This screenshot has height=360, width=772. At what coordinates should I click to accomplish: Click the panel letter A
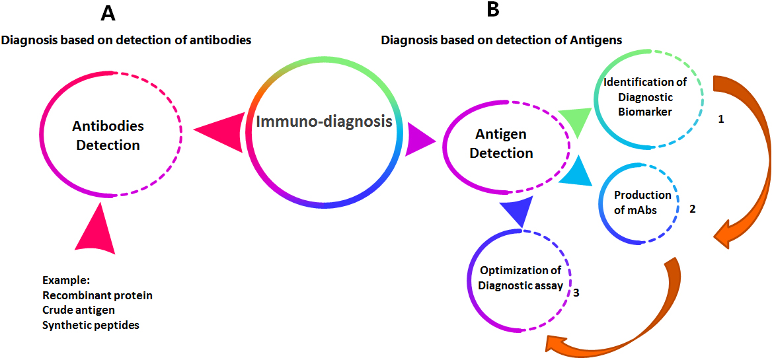pyautogui.click(x=108, y=13)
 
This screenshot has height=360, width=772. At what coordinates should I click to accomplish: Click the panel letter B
pyautogui.click(x=493, y=11)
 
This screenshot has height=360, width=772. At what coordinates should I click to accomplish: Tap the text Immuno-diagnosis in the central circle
pyautogui.click(x=324, y=121)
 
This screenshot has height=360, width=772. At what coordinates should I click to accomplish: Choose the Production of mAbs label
pyautogui.click(x=642, y=202)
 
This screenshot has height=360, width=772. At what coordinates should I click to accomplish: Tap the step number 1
pyautogui.click(x=721, y=120)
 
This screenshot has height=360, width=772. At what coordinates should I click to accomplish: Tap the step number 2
pyautogui.click(x=692, y=209)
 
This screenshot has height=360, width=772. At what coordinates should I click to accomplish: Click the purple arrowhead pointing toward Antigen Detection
pyautogui.click(x=419, y=141)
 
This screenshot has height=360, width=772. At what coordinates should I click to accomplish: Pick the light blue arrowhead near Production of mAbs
pyautogui.click(x=578, y=170)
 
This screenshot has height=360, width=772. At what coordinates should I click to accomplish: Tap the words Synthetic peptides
pyautogui.click(x=91, y=326)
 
